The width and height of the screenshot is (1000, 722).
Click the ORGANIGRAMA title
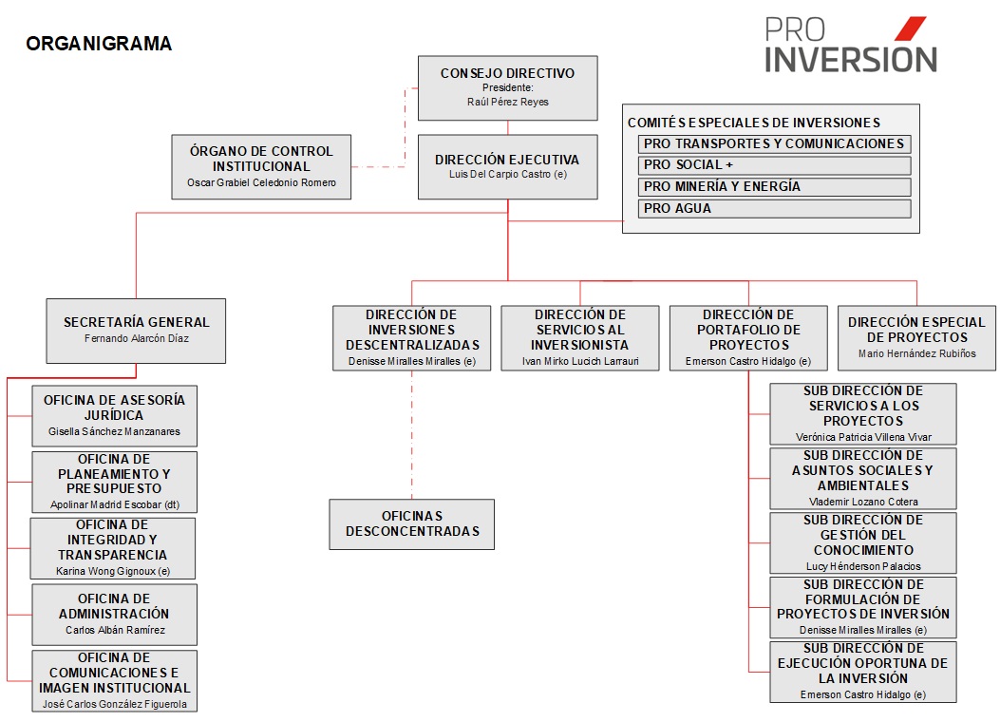[99, 44]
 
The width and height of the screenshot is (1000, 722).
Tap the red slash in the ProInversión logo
[910, 28]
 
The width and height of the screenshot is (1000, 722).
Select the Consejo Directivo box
[508, 88]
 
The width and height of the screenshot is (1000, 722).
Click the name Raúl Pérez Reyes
[508, 102]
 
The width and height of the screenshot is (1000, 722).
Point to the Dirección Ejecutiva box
[508, 166]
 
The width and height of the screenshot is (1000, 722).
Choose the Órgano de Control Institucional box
[261, 166]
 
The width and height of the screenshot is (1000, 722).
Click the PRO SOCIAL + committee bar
[774, 165]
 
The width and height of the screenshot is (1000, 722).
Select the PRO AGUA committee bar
[774, 209]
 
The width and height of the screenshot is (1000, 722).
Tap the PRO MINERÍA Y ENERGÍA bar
[774, 187]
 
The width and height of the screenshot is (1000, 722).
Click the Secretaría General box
[136, 331]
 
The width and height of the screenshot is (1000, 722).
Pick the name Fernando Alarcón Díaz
[137, 339]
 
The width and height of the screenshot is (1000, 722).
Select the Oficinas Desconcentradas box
[412, 524]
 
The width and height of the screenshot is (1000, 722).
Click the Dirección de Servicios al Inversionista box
[580, 338]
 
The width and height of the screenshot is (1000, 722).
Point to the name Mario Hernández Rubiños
[917, 353]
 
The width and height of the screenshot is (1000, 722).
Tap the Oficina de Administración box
[115, 615]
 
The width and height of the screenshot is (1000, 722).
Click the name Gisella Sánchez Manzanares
[114, 432]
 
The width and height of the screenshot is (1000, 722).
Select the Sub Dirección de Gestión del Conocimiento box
[863, 542]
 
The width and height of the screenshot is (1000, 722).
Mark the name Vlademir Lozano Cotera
[863, 502]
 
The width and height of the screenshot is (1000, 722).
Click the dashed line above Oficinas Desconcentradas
[412, 435]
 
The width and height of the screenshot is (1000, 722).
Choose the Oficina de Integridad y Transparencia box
[113, 548]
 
